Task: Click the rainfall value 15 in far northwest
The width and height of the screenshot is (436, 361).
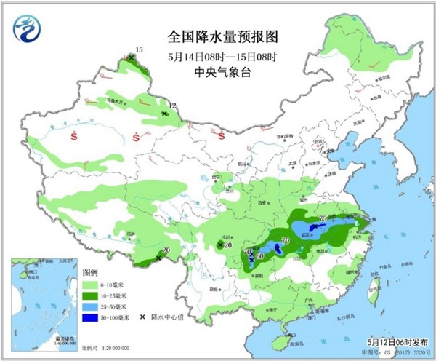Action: (140, 49)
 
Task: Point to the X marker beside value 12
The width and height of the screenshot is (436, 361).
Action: (165, 114)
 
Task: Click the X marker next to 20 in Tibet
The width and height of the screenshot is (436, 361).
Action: (158, 258)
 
